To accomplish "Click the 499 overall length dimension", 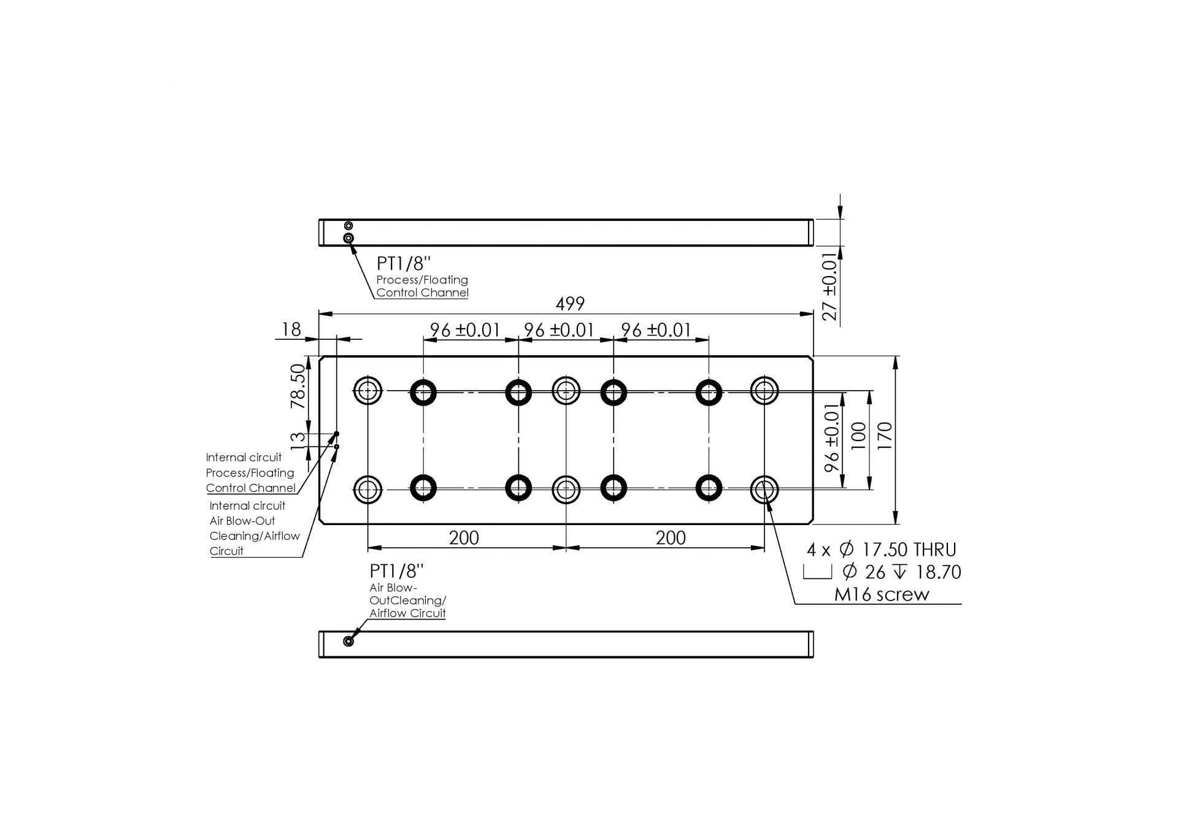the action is pyautogui.click(x=570, y=304).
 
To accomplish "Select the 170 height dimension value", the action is pyautogui.click(x=885, y=436).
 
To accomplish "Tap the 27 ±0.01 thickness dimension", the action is pyautogui.click(x=829, y=286).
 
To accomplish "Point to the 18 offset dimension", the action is pyautogui.click(x=291, y=330).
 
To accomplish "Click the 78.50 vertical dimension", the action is pyautogui.click(x=298, y=386).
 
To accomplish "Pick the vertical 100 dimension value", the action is pyautogui.click(x=859, y=436).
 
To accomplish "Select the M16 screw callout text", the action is pyautogui.click(x=882, y=594).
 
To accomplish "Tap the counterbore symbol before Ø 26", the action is pyautogui.click(x=817, y=572).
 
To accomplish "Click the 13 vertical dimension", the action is pyautogui.click(x=298, y=439).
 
